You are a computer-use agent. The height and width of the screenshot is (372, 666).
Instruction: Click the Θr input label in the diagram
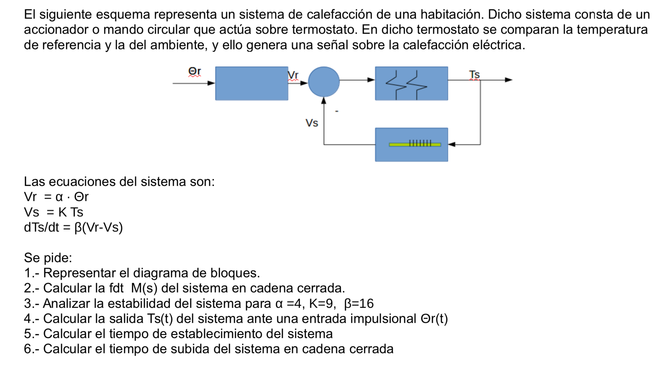coord(194,72)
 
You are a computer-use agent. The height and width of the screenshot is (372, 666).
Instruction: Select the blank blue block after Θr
coord(251,83)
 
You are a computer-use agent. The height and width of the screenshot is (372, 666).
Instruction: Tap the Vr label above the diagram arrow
coord(293,75)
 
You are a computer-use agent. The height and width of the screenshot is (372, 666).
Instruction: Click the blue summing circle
coord(324,82)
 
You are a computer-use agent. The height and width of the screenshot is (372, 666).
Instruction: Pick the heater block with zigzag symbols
coord(411,83)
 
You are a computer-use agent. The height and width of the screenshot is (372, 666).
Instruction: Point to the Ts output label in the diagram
coord(474,75)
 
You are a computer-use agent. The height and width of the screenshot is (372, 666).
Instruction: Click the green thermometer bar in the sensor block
coord(415,145)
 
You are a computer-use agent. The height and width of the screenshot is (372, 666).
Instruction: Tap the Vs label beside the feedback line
coord(312,123)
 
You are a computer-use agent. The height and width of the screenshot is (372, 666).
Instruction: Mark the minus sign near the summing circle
coord(337,111)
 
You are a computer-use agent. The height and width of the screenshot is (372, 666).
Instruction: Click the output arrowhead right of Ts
coord(508,80)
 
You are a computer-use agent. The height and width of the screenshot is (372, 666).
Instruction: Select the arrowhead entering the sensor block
coord(452,145)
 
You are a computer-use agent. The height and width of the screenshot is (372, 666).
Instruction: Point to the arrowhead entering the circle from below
coord(324,101)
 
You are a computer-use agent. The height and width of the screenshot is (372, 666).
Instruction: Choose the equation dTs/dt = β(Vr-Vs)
coord(73,227)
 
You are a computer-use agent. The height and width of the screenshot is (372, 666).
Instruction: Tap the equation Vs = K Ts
coord(54,212)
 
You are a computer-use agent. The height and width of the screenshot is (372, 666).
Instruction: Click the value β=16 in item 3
coord(359,303)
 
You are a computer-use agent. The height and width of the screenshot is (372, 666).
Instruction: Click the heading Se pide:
coord(48,258)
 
